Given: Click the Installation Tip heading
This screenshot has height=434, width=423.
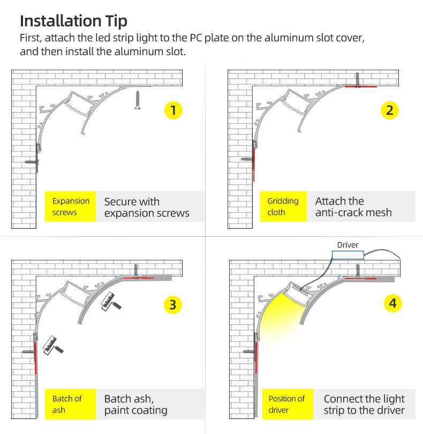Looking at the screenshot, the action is pos(73,21).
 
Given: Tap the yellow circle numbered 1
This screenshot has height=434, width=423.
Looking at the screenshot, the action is pos(173,110).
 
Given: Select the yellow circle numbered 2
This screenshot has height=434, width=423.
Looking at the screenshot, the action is pos(389,110).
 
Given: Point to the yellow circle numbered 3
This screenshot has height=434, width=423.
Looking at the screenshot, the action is pos(173,305).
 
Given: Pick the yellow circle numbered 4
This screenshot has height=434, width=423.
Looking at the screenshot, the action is pos(393,303).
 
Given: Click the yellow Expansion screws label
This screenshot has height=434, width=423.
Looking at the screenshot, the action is pos(70,206).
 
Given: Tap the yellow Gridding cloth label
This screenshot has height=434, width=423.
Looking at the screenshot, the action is pos(283,206).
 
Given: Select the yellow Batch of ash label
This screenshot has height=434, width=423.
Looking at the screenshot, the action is pos(70,404).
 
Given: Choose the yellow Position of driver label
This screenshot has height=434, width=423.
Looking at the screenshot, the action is pos(288,404).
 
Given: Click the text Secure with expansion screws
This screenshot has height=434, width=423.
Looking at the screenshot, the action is pos(147,207).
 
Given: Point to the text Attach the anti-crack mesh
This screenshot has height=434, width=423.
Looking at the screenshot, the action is pos(353,207).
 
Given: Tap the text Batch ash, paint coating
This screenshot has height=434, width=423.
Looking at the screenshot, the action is pos(136,405).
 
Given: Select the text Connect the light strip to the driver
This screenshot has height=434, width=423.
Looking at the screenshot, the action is pos(364,405).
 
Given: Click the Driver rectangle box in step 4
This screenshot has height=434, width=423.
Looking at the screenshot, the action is pos(348,255).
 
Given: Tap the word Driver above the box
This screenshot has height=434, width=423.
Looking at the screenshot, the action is pos(348,245).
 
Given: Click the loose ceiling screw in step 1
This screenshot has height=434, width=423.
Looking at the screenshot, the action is pos(138,100).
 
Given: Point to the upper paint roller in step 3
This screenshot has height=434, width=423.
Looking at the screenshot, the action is pos(111,302).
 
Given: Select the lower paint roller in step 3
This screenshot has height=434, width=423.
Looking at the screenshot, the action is pos(53,346).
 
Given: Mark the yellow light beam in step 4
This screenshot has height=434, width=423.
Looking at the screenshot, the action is pos(280,316).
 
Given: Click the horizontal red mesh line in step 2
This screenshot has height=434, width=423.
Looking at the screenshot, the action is pos(361,87).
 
